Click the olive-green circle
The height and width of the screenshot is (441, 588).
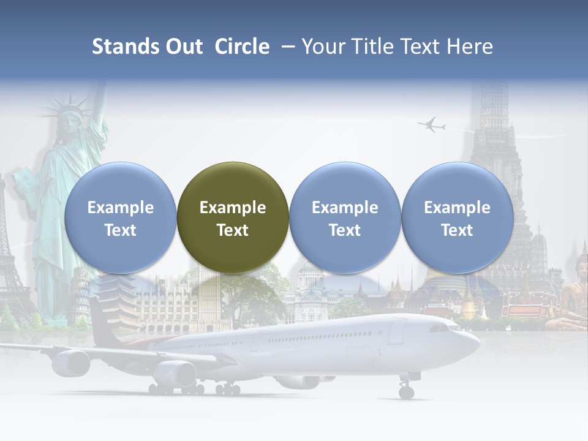pyautogui.click(x=232, y=217)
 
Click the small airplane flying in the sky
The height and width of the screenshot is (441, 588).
pyautogui.click(x=432, y=125)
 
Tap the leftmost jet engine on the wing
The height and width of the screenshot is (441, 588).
pyautogui.click(x=71, y=363)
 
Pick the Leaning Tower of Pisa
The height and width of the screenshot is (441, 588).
pyautogui.click(x=81, y=300)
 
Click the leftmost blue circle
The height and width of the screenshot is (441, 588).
pyautogui.click(x=120, y=217)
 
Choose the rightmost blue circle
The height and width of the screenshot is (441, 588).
pyautogui.click(x=457, y=217)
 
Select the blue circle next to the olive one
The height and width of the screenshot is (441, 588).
pyautogui.click(x=345, y=217)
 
